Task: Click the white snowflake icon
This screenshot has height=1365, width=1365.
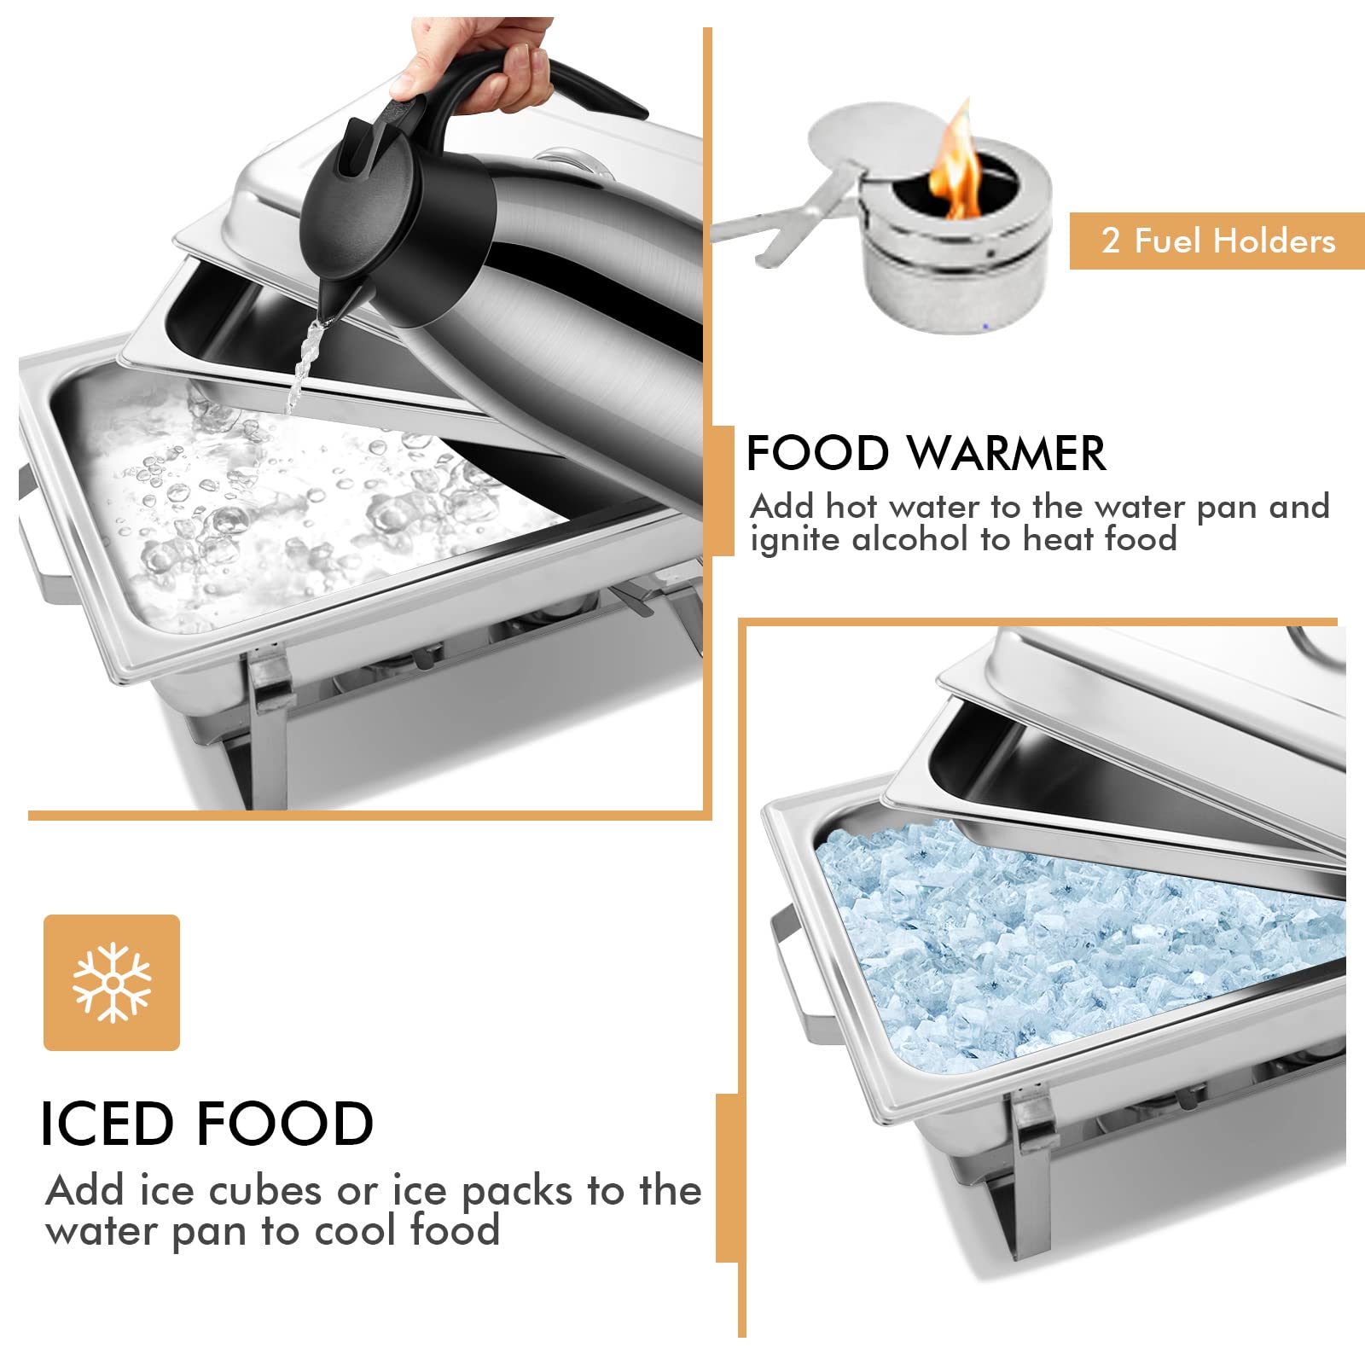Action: (x=112, y=983)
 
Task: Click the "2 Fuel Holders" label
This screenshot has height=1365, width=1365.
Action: (x=1217, y=241)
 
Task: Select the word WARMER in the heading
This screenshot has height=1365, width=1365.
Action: (x=1006, y=453)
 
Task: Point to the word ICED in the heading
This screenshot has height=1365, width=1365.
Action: (x=107, y=1123)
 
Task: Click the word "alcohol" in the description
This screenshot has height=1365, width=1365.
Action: (x=910, y=539)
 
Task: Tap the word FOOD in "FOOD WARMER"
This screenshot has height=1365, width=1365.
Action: (x=817, y=453)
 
